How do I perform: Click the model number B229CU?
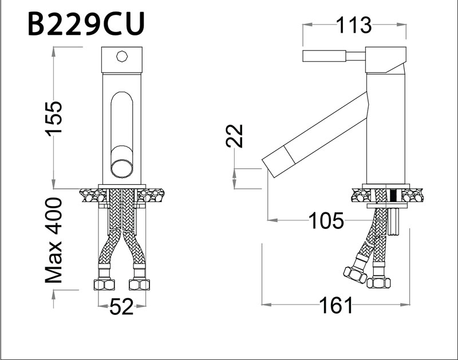coord(86,23)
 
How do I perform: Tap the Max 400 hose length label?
coord(54,240)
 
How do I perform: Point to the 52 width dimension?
coord(121,307)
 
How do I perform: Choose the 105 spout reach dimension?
coord(326,219)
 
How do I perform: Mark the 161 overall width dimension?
coord(337,306)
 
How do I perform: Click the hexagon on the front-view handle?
coord(121,57)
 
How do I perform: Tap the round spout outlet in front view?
coord(121,168)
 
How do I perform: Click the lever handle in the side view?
coord(324,56)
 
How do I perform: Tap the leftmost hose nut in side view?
coord(355,274)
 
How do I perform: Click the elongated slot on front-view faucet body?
coord(121,120)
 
